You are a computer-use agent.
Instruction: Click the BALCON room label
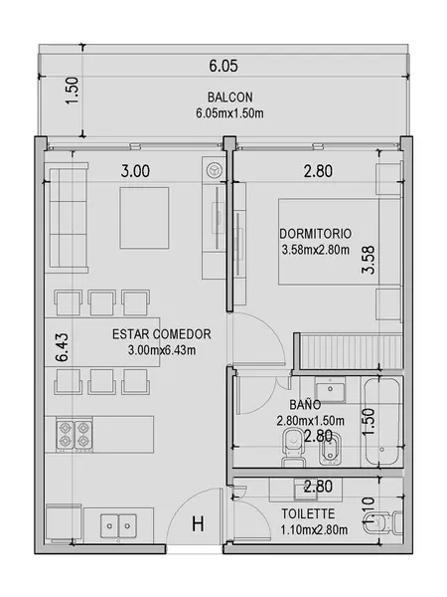229,98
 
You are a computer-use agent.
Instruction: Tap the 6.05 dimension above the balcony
223,66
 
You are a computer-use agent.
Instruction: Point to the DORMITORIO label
315,234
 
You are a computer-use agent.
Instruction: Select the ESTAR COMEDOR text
162,334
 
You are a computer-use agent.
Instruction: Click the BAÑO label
305,404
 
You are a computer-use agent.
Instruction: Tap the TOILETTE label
308,513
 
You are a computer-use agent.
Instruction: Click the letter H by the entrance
198,523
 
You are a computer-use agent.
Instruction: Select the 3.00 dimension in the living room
135,171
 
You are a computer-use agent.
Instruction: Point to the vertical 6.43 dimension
62,347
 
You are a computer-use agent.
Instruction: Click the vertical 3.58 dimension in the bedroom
369,260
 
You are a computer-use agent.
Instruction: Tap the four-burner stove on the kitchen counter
74,436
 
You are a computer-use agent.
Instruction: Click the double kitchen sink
118,525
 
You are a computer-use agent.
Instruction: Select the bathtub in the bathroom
381,422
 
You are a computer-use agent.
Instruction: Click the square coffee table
144,218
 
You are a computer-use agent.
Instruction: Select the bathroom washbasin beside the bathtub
330,389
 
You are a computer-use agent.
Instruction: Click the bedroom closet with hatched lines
348,351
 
